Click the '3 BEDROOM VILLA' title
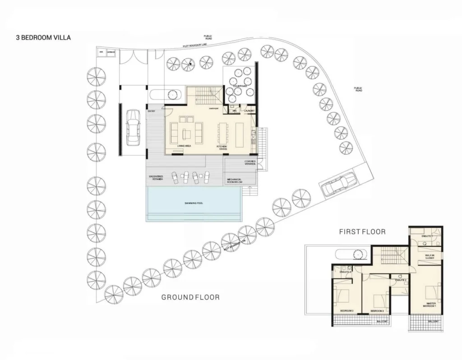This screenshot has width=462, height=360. pos(43,38)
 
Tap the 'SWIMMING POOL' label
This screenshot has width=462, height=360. pos(194,203)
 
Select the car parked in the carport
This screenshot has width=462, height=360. pos(133,128)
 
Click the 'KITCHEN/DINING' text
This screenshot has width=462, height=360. pos(221,148)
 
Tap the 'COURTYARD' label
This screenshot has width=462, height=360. pos(238,86)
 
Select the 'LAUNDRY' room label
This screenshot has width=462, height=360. pos(249,111)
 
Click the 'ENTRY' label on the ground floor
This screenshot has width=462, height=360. pos(152,111)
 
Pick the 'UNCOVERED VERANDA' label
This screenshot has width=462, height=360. pos(155,178)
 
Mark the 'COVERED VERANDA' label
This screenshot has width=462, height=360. pos(250,162)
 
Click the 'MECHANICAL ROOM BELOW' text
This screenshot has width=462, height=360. pos(235,181)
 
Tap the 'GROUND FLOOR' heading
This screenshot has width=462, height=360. pos(190,297)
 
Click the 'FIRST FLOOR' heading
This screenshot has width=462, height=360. pos(362,231)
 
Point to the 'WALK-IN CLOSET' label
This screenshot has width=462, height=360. pos(429,257)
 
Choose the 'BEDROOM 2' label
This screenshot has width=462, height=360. pos(377,311)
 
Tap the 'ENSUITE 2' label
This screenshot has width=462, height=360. pos(401,280)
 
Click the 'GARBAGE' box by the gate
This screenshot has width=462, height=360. pos(111,53)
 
